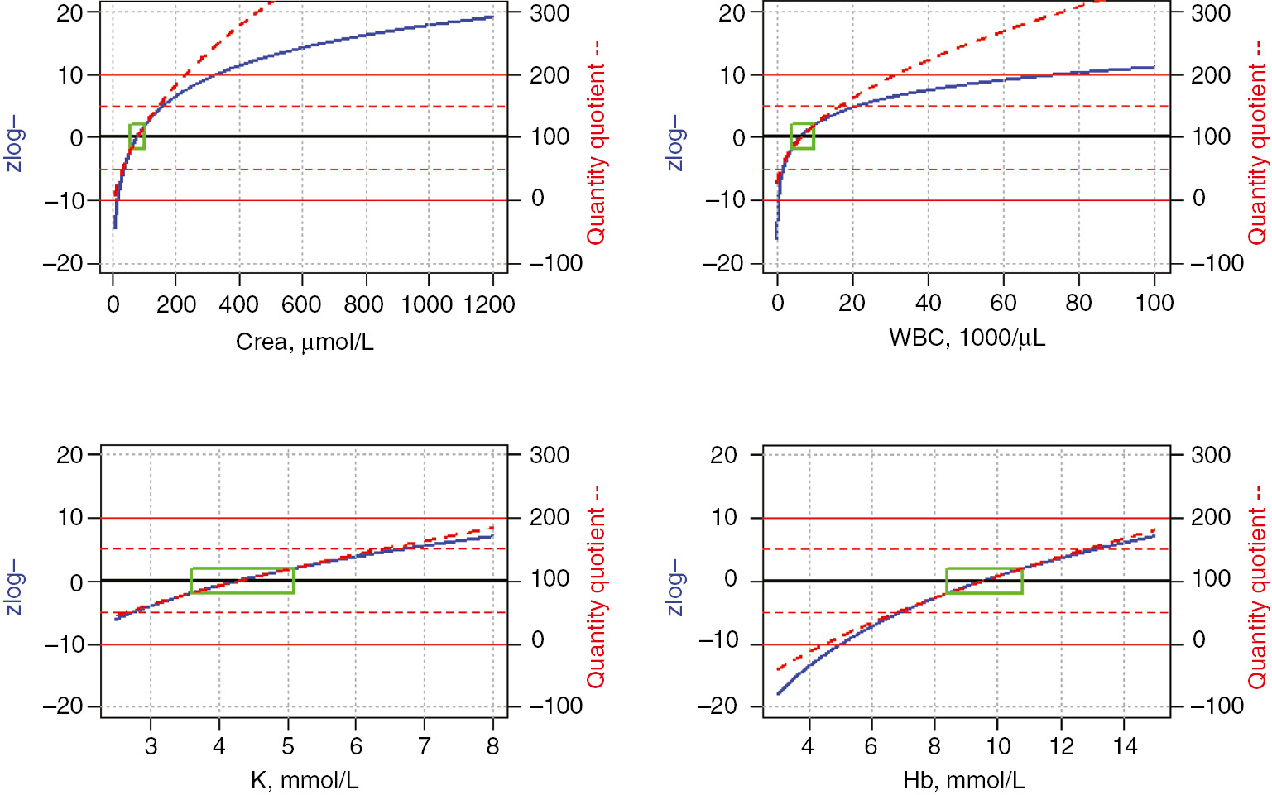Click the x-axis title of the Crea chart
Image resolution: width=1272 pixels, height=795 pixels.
pyautogui.click(x=305, y=342)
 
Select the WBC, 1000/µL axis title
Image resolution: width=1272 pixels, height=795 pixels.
pyautogui.click(x=967, y=338)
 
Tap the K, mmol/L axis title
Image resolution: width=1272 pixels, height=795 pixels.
pyautogui.click(x=305, y=780)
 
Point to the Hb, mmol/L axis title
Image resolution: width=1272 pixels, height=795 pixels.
pyautogui.click(x=964, y=780)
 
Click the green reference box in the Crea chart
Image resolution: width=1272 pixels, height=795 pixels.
pyautogui.click(x=137, y=136)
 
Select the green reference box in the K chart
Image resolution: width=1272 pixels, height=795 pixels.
pyautogui.click(x=242, y=581)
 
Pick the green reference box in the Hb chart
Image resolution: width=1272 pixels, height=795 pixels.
pyautogui.click(x=984, y=581)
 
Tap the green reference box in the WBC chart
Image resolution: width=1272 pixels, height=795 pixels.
pyautogui.click(x=802, y=136)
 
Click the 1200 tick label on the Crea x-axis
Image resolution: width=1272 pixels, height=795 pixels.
pyautogui.click(x=490, y=304)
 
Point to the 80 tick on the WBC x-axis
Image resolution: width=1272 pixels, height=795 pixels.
pyautogui.click(x=1078, y=303)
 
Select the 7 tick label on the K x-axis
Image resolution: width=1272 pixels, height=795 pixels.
pyautogui.click(x=424, y=746)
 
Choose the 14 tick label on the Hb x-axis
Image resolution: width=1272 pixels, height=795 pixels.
pyautogui.click(x=1125, y=746)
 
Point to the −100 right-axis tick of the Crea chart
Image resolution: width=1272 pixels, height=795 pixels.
pyautogui.click(x=556, y=263)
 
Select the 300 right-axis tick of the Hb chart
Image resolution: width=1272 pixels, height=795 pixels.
pyautogui.click(x=1211, y=454)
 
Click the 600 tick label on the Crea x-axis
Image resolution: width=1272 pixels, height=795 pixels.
pyautogui.click(x=301, y=304)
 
